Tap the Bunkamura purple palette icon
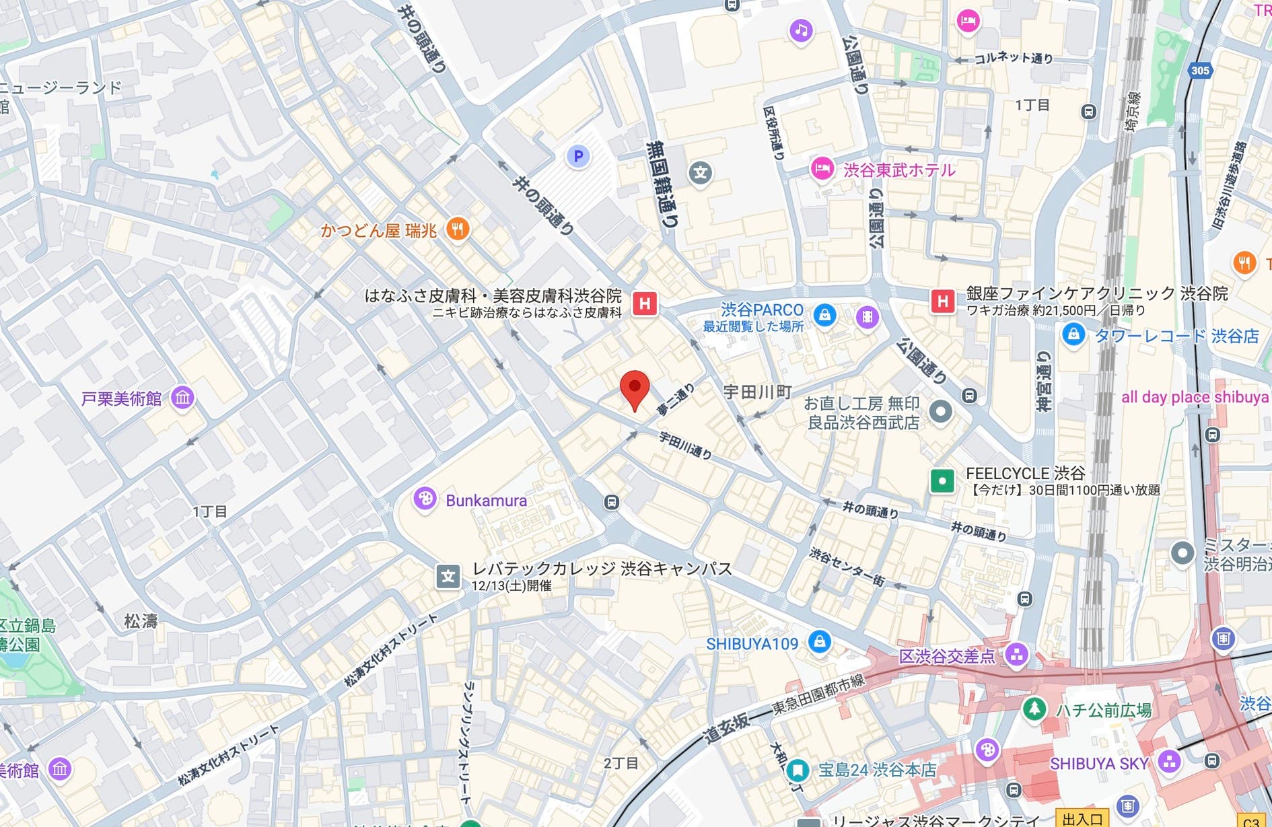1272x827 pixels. [425, 499]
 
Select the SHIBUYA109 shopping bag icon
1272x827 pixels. [819, 641]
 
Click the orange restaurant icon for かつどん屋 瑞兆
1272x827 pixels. [458, 229]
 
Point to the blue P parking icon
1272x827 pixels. [577, 156]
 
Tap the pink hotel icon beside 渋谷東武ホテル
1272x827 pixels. [822, 168]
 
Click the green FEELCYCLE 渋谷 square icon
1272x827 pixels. [942, 480]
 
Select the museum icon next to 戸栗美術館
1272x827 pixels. [182, 398]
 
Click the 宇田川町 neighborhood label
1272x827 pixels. [757, 392]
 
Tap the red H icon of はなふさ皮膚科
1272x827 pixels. [644, 303]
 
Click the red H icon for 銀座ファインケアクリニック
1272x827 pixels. [942, 301]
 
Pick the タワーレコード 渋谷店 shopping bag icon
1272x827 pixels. [1073, 334]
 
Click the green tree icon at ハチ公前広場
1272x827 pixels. [1034, 708]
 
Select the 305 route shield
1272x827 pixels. [1200, 70]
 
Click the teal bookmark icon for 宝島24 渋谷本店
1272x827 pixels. [798, 769]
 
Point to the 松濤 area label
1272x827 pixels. [141, 621]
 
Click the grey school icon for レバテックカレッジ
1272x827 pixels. [448, 576]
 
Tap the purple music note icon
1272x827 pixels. [801, 30]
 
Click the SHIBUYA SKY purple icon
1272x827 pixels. [1169, 762]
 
